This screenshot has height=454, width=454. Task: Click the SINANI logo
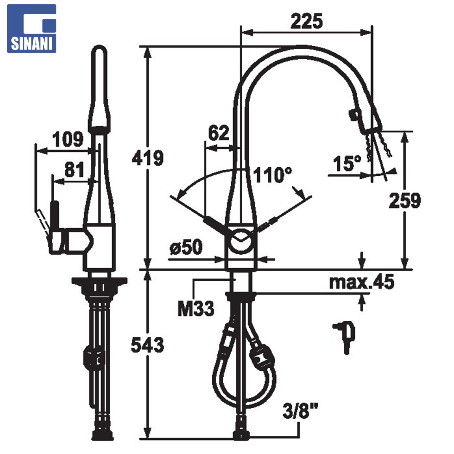(32, 29)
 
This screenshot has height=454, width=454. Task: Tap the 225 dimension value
(306, 21)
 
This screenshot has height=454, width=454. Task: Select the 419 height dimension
(148, 158)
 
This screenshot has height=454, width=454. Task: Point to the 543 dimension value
(148, 345)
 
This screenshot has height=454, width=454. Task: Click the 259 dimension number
(404, 200)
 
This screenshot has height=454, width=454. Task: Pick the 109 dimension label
(68, 139)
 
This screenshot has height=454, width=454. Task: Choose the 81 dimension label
(74, 170)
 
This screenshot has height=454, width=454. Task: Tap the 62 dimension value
(219, 133)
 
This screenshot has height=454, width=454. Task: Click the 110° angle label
(272, 175)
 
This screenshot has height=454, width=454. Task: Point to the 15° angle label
(347, 164)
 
